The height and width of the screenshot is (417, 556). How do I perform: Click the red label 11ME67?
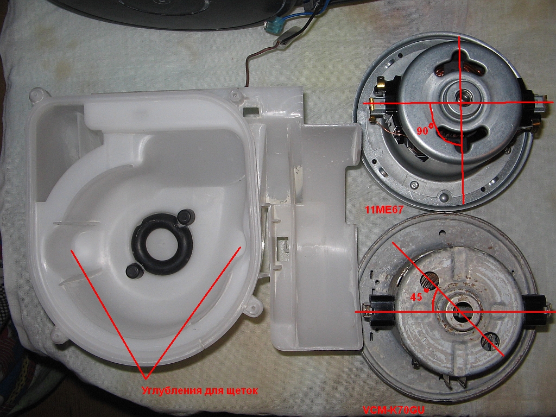384,210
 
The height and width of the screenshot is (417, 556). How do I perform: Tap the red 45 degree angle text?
419,295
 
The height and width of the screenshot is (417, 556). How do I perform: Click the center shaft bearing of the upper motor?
459,96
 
